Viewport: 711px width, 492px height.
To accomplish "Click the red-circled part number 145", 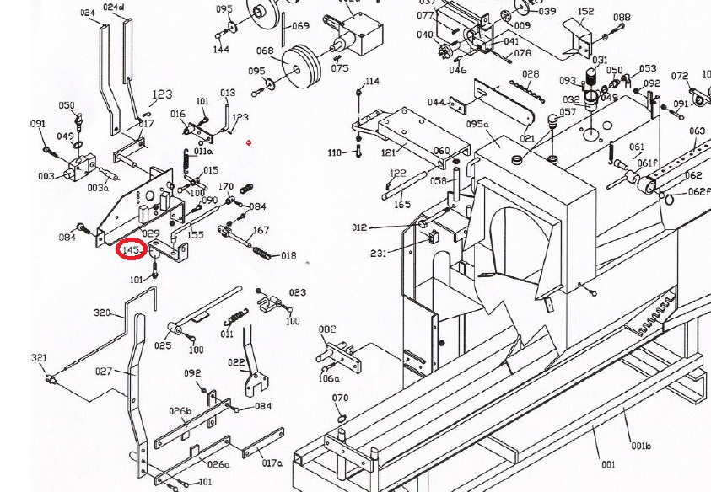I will [x=132, y=250].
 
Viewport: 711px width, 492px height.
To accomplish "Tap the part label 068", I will [x=265, y=51].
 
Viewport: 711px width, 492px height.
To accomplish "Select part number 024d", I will [x=113, y=8].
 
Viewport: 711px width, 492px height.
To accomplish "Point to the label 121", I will [x=389, y=152].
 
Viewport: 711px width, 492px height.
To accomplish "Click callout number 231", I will [x=379, y=254].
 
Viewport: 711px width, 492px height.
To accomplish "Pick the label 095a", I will [x=477, y=124].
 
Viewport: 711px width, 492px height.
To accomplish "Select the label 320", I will [x=102, y=313].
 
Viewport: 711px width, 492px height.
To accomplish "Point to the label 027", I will [x=104, y=371].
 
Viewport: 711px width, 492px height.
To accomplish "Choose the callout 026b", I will [x=180, y=411].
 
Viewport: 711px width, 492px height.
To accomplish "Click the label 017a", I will [x=272, y=462].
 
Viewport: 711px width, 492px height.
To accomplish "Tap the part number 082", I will [x=326, y=329].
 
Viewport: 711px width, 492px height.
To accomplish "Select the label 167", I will [x=261, y=230].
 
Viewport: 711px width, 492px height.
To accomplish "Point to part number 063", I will [x=697, y=131].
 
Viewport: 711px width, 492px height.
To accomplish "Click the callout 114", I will [x=372, y=81].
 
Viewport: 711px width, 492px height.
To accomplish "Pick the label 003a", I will [x=98, y=188].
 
